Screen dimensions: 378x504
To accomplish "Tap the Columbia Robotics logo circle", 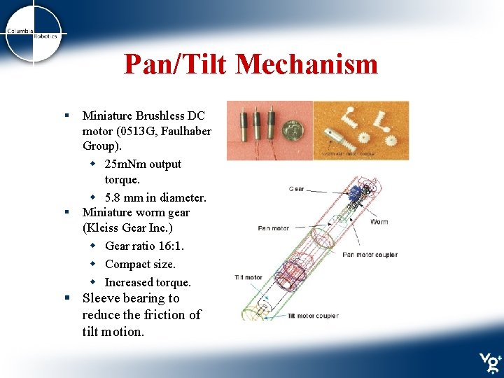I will coord(34,34).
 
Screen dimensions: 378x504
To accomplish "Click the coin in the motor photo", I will coord(291,130).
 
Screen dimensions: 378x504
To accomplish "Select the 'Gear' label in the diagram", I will coord(296,189).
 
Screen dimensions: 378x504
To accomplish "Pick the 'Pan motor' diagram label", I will coord(274,227).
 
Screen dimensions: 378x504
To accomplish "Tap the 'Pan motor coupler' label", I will coord(370,255).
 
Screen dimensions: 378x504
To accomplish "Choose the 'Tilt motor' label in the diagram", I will coord(248,278).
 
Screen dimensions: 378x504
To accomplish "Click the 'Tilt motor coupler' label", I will coord(313,316).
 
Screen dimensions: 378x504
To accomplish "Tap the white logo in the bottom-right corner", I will coord(489,362).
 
